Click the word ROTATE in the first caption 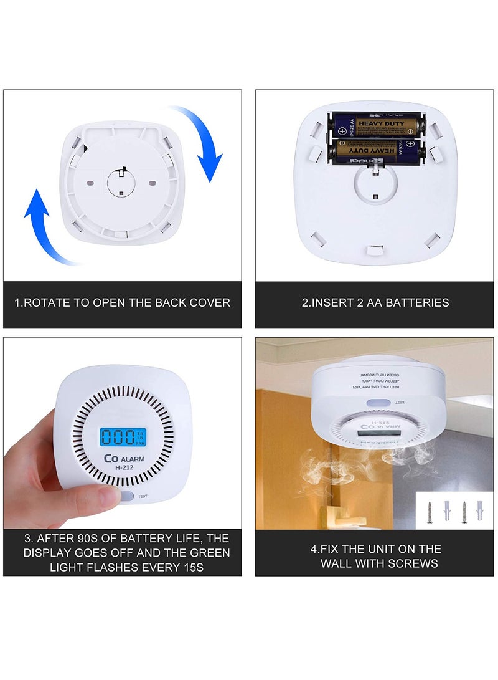pos(48,303)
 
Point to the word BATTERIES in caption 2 pos(416,303)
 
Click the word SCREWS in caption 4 pos(418,563)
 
